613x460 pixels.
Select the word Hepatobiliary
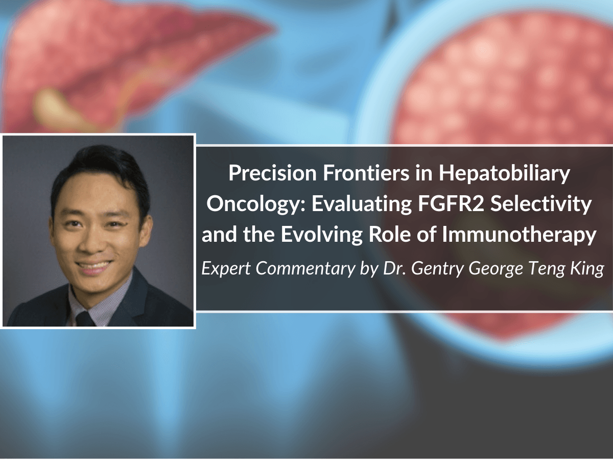point(504,174)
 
